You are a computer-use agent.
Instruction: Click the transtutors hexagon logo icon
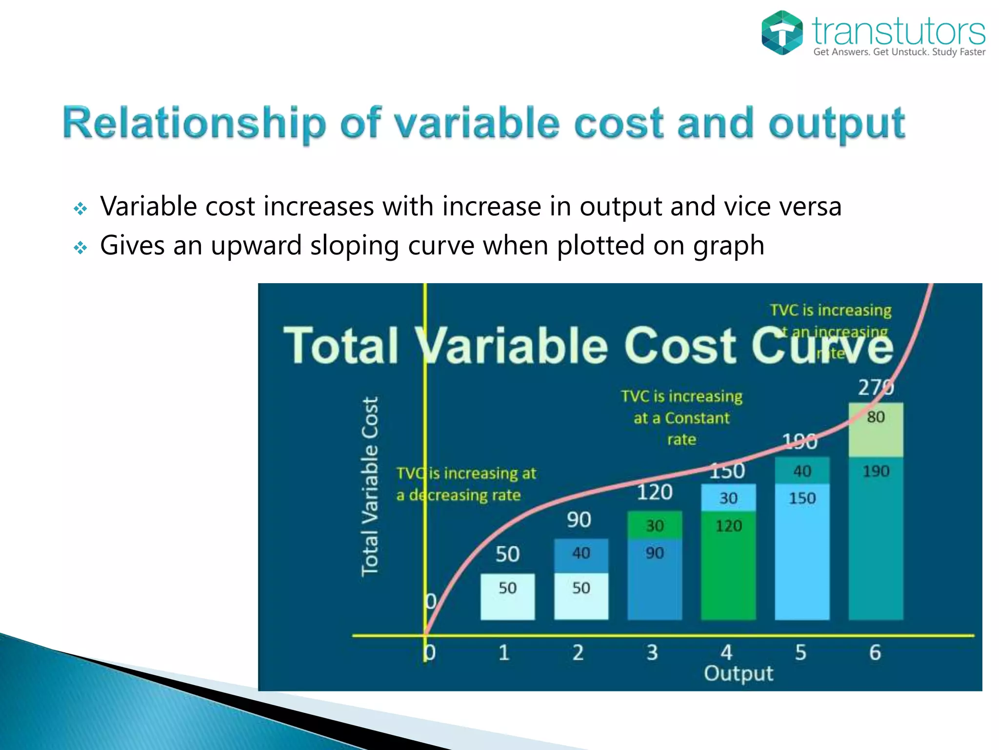(782, 33)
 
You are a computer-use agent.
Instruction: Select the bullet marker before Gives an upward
(80, 248)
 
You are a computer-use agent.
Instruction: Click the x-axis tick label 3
(652, 652)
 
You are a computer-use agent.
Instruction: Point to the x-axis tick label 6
(875, 652)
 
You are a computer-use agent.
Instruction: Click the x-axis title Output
(738, 674)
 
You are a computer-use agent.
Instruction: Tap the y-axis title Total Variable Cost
(370, 486)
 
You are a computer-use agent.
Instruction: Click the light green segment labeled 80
(876, 430)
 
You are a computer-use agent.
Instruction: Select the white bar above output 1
(507, 597)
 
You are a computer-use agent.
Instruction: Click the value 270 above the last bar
(876, 387)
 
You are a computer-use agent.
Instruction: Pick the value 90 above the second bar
(579, 520)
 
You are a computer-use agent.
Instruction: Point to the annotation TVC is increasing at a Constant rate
(681, 417)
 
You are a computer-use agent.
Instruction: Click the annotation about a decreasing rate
(466, 484)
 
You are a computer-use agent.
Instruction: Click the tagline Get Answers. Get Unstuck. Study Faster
(899, 52)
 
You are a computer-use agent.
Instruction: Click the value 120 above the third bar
(655, 492)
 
